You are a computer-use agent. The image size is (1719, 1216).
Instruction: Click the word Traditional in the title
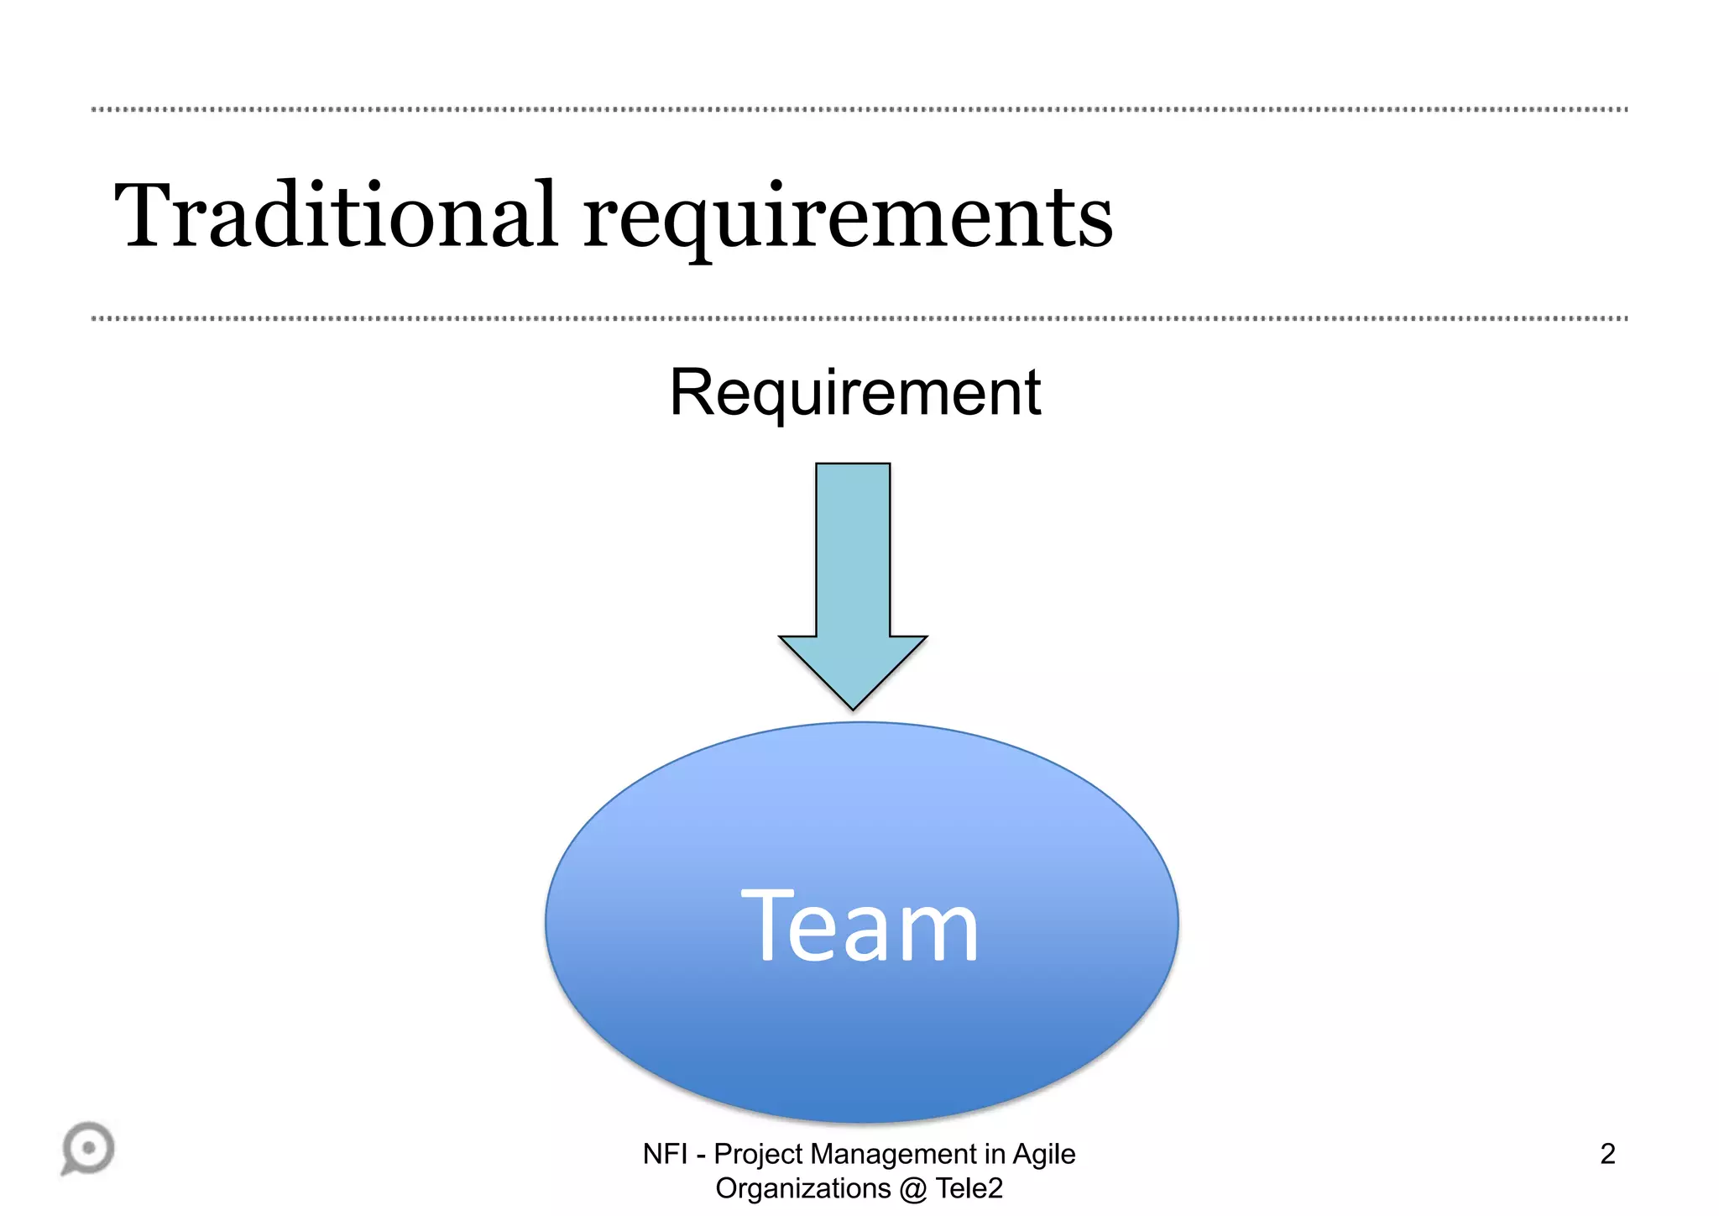[x=336, y=216]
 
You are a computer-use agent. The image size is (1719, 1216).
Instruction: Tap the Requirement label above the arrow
[x=854, y=393]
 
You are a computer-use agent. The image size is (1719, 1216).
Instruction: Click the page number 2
[x=1607, y=1154]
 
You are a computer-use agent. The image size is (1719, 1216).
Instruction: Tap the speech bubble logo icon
[x=88, y=1148]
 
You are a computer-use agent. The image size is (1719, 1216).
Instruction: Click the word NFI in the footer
[x=665, y=1154]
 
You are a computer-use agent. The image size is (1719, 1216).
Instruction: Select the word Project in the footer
[x=759, y=1154]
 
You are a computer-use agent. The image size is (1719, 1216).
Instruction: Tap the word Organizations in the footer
[x=802, y=1189]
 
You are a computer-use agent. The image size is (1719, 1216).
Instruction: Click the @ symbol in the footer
[x=913, y=1189]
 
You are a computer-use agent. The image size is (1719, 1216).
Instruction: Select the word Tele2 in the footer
[x=969, y=1188]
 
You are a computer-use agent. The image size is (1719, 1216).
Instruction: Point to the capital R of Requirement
[x=691, y=392]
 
